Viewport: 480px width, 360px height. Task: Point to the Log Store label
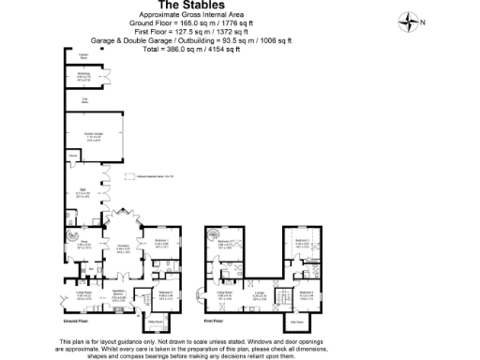coord(83,97)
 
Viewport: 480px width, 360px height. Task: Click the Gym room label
coord(83,192)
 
